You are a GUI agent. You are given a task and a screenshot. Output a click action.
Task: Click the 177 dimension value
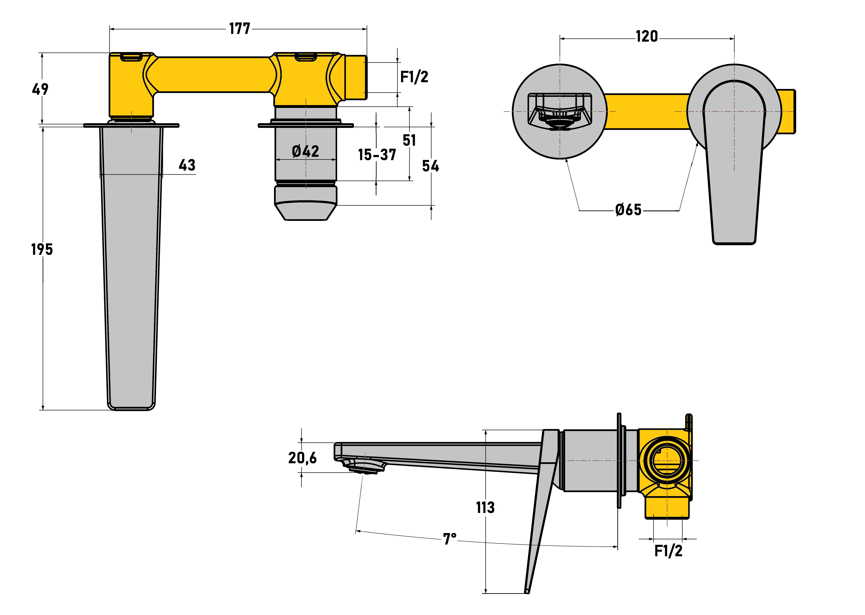click(x=240, y=29)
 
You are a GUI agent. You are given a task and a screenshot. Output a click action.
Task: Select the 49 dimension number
click(x=40, y=89)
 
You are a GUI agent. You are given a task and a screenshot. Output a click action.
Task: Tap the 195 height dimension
click(x=42, y=250)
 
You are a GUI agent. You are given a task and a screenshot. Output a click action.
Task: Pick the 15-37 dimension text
click(x=377, y=155)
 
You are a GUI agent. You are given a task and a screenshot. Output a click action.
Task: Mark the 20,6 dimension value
click(x=302, y=458)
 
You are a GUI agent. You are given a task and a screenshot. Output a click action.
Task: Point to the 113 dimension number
click(x=485, y=507)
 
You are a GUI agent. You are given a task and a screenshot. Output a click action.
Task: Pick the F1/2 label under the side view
click(x=668, y=551)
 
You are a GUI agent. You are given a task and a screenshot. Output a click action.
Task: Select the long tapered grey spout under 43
click(x=131, y=265)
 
